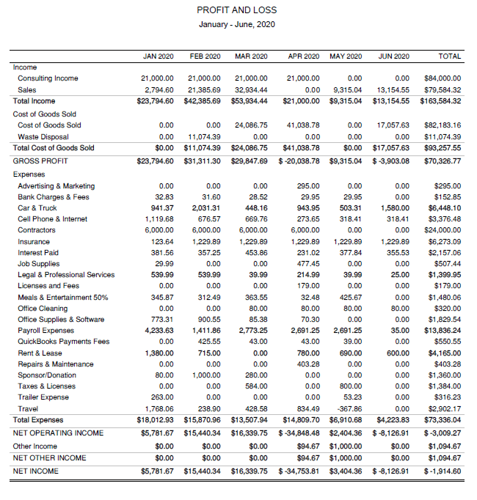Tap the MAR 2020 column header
(251, 56)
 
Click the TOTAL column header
(449, 56)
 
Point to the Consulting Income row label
(48, 78)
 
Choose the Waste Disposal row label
(43, 136)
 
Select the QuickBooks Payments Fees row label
(63, 342)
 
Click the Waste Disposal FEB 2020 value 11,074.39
(205, 136)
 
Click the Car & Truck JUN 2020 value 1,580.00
(397, 207)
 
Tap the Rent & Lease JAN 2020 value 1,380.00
(159, 353)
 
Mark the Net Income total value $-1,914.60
(442, 471)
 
